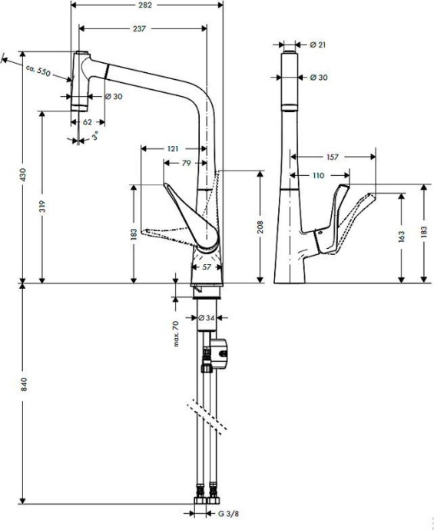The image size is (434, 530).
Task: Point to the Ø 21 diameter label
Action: tap(317, 45)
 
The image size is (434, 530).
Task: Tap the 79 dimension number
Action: tap(187, 163)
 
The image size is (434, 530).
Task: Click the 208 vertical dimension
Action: tap(262, 226)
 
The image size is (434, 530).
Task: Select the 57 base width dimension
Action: tap(207, 267)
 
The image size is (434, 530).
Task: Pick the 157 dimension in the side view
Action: tap(332, 157)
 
